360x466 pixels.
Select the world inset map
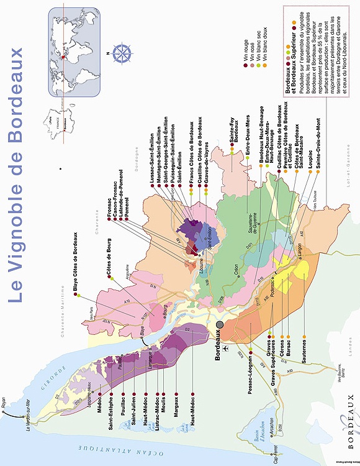[x=75, y=52]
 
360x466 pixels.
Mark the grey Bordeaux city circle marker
[x=219, y=325]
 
